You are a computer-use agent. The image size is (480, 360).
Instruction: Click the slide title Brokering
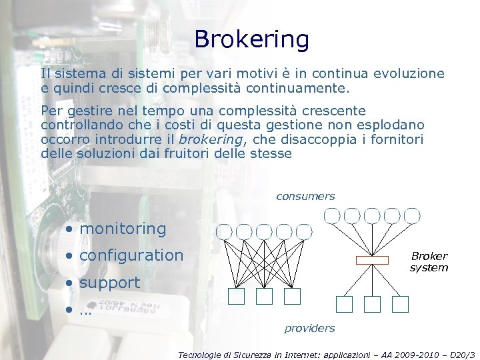251,39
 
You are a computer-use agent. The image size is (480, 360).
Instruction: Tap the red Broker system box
372,260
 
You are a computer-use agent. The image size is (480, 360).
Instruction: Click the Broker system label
429,262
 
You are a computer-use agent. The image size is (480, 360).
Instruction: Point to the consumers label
305,197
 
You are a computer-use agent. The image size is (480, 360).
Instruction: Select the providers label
309,328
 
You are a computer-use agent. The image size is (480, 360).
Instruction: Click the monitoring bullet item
123,229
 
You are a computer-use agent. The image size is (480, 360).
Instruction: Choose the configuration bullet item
131,255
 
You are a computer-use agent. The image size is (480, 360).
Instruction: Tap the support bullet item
109,282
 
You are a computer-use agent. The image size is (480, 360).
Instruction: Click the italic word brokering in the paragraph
211,139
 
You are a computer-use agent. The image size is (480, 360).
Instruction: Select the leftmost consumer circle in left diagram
224,231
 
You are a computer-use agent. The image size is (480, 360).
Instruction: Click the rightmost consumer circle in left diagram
304,231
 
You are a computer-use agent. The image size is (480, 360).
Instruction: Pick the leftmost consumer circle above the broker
331,215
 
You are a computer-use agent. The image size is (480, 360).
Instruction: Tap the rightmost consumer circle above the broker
412,215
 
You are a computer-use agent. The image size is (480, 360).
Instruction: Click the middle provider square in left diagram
264,296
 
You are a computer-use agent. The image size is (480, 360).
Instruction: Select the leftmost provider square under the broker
344,305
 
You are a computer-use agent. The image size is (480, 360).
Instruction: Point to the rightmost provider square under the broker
399,305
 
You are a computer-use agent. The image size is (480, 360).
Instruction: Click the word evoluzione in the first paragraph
412,74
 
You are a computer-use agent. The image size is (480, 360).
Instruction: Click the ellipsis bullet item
85,310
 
